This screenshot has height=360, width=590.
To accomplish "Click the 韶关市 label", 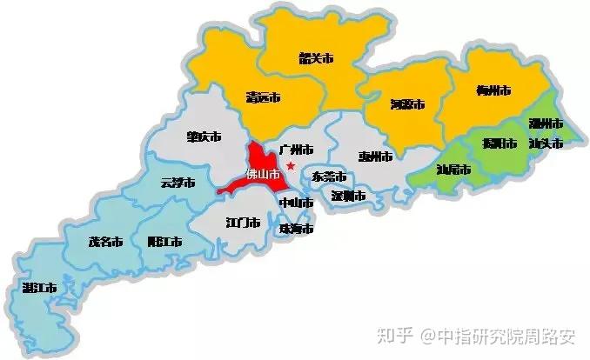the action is pyautogui.click(x=316, y=59).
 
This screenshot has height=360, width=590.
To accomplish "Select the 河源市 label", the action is pyautogui.click(x=407, y=104).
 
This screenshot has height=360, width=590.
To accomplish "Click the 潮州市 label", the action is pyautogui.click(x=546, y=124).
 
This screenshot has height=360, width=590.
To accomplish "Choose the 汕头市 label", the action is pyautogui.click(x=546, y=143).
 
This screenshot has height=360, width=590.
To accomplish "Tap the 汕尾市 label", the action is pyautogui.click(x=453, y=170).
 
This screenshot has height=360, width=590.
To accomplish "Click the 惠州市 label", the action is pyautogui.click(x=375, y=157).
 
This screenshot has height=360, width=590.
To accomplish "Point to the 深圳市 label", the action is pyautogui.click(x=347, y=197).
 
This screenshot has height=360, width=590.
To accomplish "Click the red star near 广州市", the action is pyautogui.click(x=291, y=166).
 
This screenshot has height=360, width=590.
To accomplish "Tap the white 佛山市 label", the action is pyautogui.click(x=264, y=174).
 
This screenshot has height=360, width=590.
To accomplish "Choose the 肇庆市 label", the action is pyautogui.click(x=204, y=137).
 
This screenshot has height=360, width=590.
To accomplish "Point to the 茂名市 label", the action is pyautogui.click(x=106, y=243).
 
